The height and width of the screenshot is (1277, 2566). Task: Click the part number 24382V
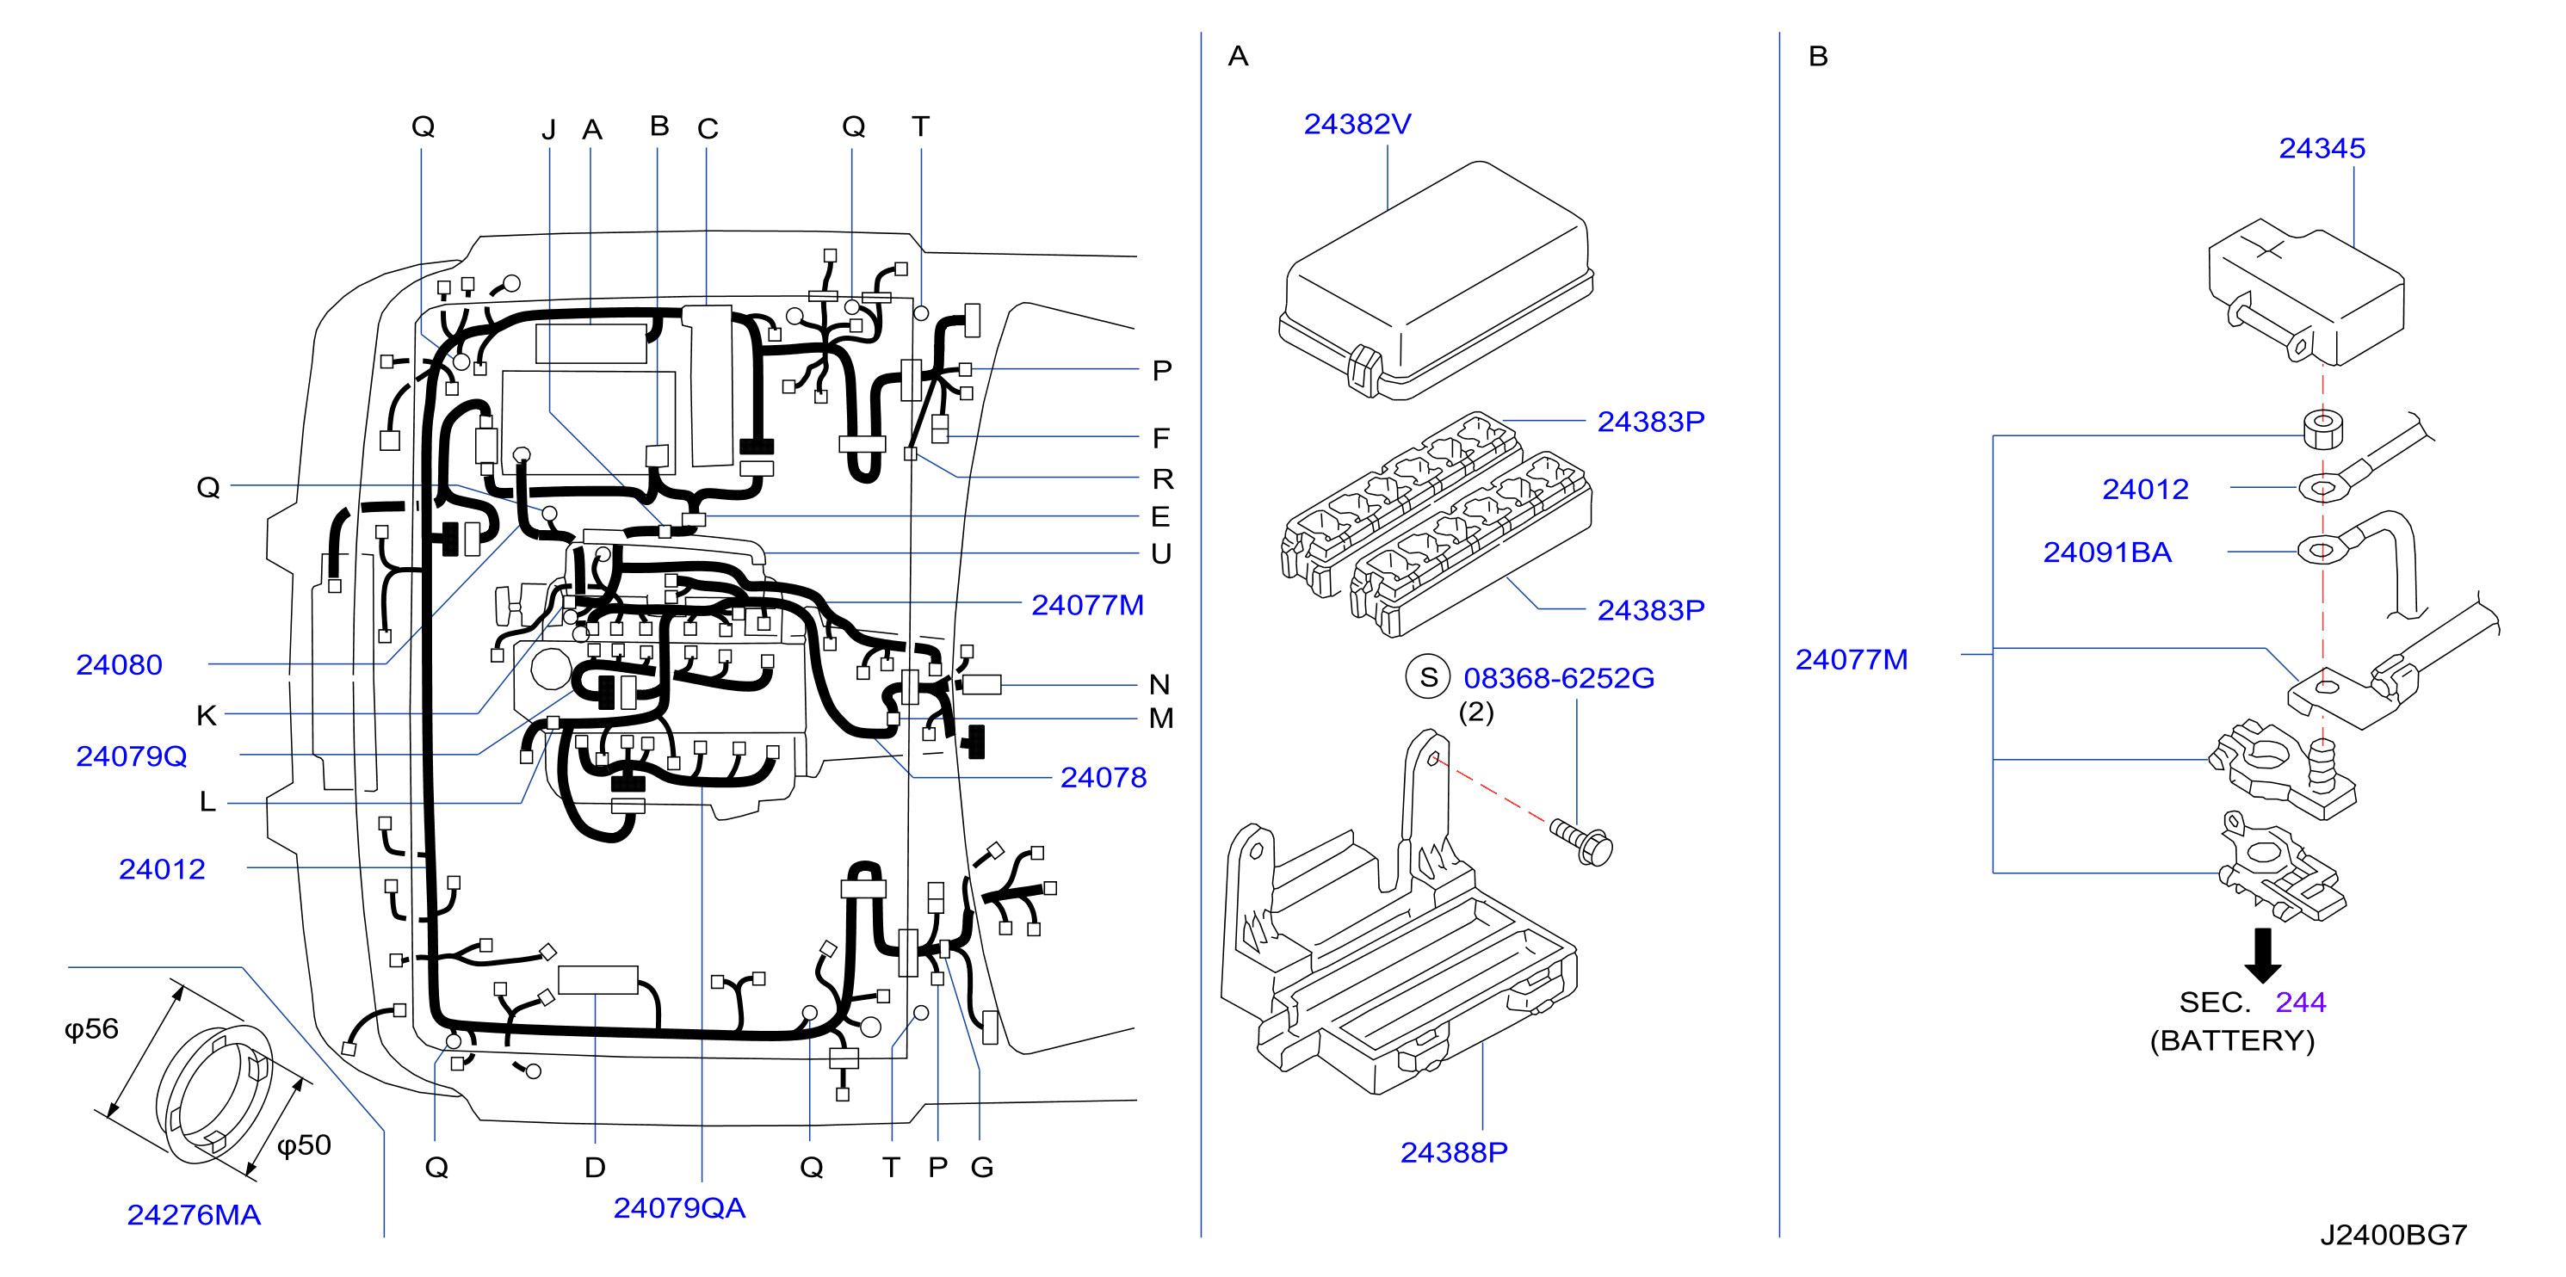click(x=1357, y=125)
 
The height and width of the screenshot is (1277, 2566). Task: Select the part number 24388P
click(x=1453, y=1152)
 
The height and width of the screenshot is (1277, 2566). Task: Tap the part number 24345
click(x=2321, y=148)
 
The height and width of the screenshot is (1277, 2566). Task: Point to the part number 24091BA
click(x=2107, y=552)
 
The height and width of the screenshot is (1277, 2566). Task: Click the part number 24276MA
click(x=194, y=1215)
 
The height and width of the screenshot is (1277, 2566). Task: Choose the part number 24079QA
click(x=679, y=1208)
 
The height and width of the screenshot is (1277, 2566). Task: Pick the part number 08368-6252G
click(x=1559, y=678)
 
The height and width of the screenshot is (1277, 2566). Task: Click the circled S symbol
click(x=1427, y=677)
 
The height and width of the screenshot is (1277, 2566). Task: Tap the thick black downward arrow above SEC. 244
click(x=2262, y=955)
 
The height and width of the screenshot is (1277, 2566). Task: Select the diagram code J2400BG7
click(x=2393, y=1235)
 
